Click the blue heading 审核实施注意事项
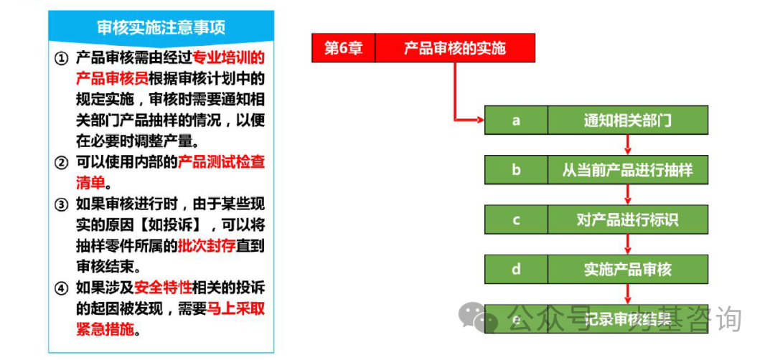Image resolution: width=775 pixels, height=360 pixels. click(161, 27)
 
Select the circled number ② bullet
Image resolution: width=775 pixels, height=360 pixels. click(61, 163)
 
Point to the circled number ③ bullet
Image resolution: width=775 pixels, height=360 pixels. click(61, 204)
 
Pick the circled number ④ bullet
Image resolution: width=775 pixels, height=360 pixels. click(61, 288)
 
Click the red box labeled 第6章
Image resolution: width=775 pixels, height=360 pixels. click(344, 48)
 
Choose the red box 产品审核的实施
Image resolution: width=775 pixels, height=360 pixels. click(455, 48)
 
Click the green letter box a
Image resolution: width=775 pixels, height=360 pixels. click(516, 120)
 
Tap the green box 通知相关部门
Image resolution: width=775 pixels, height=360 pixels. click(628, 120)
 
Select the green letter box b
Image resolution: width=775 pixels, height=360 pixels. click(516, 170)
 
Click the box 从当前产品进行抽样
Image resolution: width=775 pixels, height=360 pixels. click(628, 170)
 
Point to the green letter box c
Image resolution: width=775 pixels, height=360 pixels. click(516, 219)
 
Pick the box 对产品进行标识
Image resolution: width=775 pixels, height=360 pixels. click(628, 219)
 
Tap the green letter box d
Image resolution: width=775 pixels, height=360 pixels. click(516, 269)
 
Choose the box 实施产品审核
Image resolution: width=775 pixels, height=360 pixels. click(628, 269)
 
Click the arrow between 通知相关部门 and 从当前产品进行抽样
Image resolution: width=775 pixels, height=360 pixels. click(628, 145)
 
